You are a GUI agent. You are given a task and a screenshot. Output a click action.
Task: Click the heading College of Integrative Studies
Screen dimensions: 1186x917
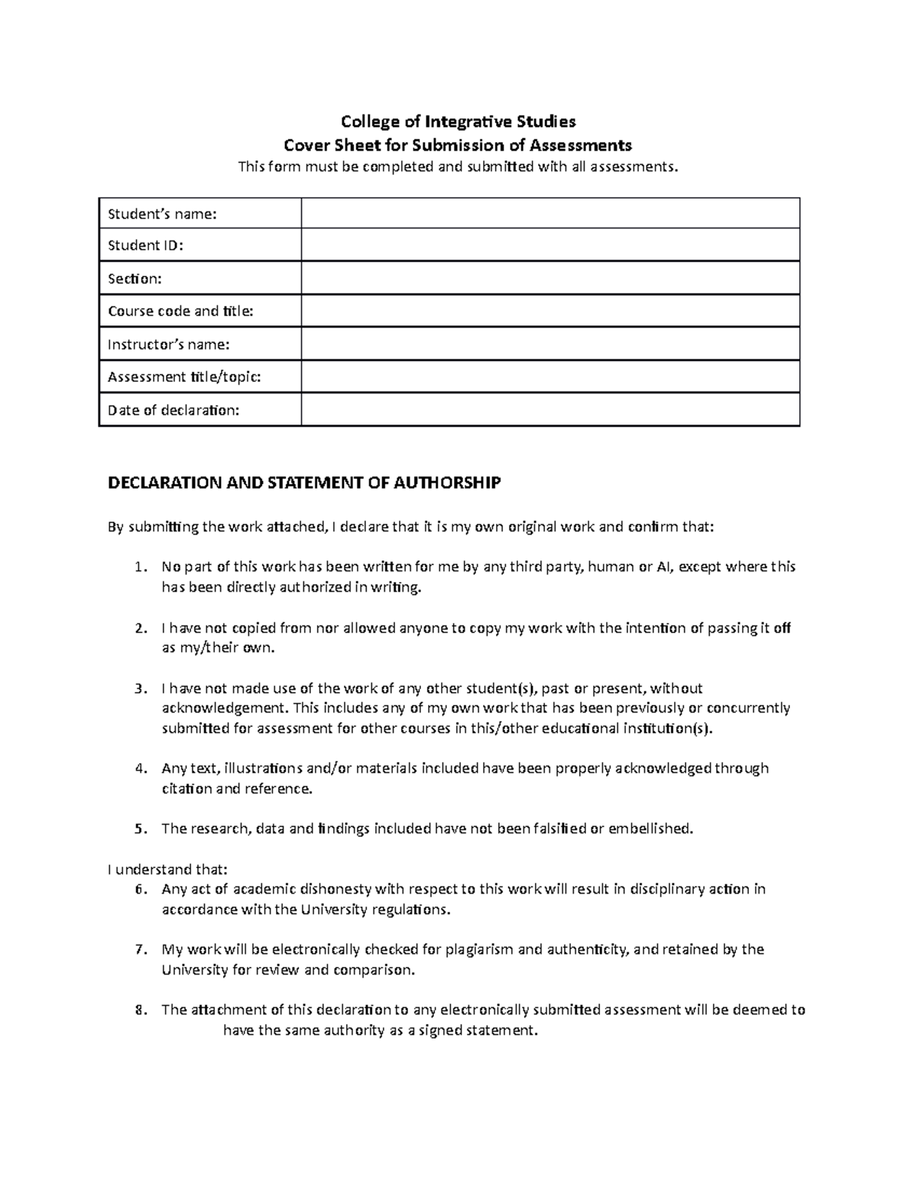(458, 121)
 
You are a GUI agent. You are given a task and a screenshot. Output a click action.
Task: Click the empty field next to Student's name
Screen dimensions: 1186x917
(549, 214)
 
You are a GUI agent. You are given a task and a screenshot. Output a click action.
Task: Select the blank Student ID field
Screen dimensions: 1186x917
(549, 246)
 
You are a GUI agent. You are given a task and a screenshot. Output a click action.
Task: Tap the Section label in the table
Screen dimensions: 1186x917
(134, 279)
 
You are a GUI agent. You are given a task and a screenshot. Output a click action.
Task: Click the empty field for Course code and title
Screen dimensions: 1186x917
(549, 312)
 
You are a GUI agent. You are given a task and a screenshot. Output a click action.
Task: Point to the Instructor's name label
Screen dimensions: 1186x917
(168, 344)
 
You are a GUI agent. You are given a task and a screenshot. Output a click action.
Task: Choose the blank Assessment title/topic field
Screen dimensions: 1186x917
(549, 377)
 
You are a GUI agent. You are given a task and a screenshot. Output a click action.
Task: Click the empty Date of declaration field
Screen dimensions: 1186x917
(549, 410)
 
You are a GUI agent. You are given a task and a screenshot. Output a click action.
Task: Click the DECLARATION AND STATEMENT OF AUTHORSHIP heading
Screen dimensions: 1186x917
(304, 483)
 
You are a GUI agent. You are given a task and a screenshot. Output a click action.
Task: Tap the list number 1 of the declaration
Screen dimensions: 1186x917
(138, 567)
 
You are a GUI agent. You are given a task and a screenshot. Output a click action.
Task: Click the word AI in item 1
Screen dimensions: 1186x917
(665, 567)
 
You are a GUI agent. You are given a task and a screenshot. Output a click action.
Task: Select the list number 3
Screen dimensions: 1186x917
(138, 688)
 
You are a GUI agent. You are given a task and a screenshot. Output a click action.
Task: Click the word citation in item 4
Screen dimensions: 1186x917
(186, 788)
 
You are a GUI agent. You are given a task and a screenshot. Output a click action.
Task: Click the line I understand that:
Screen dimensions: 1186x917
(167, 869)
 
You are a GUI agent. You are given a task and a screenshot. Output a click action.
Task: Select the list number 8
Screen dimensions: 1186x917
(138, 1010)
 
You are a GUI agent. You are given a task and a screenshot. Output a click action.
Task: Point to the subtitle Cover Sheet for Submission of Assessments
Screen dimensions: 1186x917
(458, 145)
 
